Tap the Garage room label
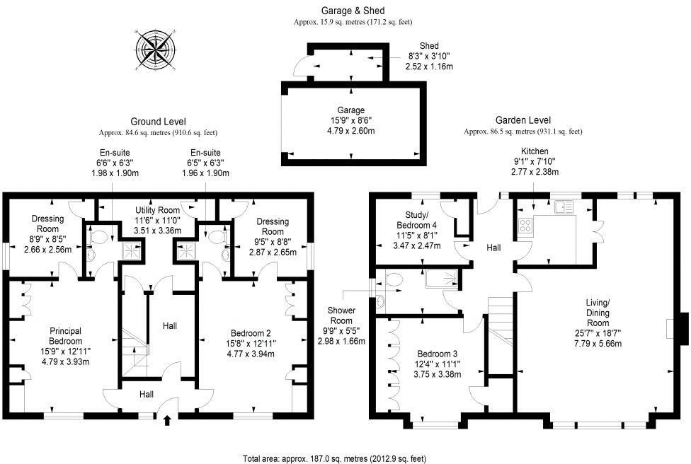pyautogui.click(x=350, y=110)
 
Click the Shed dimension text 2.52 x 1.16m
pyautogui.click(x=429, y=66)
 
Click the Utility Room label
pyautogui.click(x=158, y=210)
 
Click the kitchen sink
pyautogui.click(x=564, y=207)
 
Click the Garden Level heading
pyautogui.click(x=523, y=120)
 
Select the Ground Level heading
pyautogui.click(x=158, y=120)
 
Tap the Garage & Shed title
pyautogui.click(x=352, y=11)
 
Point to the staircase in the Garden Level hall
pyautogui.click(x=500, y=318)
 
